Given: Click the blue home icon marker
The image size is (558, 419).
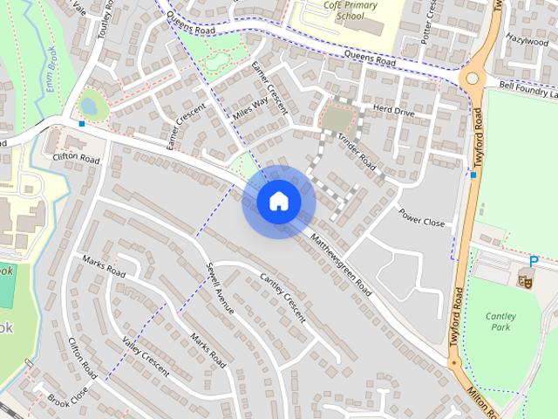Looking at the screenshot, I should click(x=279, y=201).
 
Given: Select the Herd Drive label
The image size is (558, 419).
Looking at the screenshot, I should click(x=392, y=111).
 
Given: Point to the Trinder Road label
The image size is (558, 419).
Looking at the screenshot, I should click(x=356, y=151).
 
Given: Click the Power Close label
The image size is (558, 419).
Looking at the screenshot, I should click(x=421, y=217).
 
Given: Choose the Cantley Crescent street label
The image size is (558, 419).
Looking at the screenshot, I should click(x=283, y=298).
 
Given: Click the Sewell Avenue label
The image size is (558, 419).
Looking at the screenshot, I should click(x=221, y=287).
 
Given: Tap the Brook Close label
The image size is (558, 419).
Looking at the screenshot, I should click(x=69, y=401).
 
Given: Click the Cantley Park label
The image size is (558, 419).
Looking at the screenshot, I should click(x=500, y=321).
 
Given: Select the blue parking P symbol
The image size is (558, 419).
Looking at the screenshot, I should click(x=534, y=261).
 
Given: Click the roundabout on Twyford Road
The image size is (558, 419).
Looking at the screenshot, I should click(x=473, y=78).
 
